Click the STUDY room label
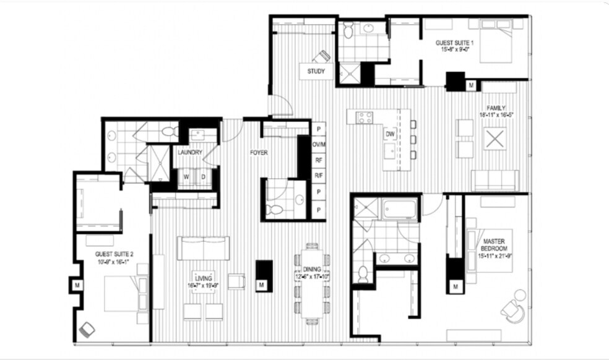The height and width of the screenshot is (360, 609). coord(316,71)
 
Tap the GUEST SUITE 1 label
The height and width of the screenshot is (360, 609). coord(452,43)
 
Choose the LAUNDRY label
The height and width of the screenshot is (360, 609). coord(191,152)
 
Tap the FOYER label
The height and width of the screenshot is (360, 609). coord(259,152)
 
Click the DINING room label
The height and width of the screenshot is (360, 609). coord(312,270)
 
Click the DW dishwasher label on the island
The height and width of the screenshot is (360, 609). coord(390,134)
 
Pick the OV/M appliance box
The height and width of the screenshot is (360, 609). coord(319,145)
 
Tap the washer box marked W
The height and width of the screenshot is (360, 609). coord(186,178)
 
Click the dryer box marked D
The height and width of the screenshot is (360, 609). coord(203,178)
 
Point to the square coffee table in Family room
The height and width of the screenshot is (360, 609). coord(495,138)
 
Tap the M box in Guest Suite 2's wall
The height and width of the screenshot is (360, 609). coord(77,285)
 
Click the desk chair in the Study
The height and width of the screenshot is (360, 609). coord(322,56)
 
